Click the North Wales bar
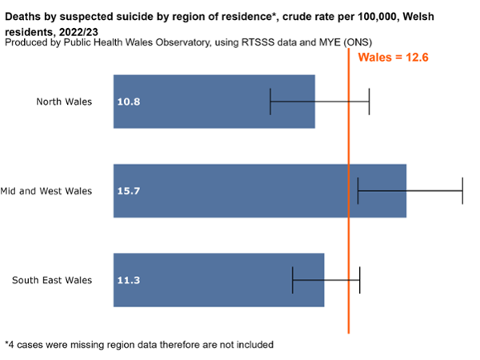point(214,102)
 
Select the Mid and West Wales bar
point(260,190)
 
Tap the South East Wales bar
point(218,280)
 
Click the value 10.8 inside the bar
point(130,102)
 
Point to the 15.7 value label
point(130,191)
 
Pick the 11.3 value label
point(130,280)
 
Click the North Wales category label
point(64,102)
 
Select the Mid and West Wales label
point(46,191)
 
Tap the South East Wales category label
point(52,280)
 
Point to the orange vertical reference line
point(349,240)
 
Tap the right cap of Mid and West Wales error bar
point(462,191)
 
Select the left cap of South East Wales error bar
point(293,280)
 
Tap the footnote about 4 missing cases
point(139,345)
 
